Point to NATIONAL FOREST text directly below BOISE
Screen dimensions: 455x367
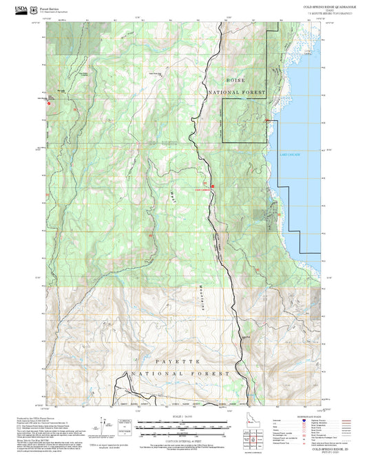[x=237, y=91]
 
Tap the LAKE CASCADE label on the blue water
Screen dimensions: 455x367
[x=289, y=155]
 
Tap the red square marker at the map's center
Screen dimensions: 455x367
[x=212, y=186]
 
